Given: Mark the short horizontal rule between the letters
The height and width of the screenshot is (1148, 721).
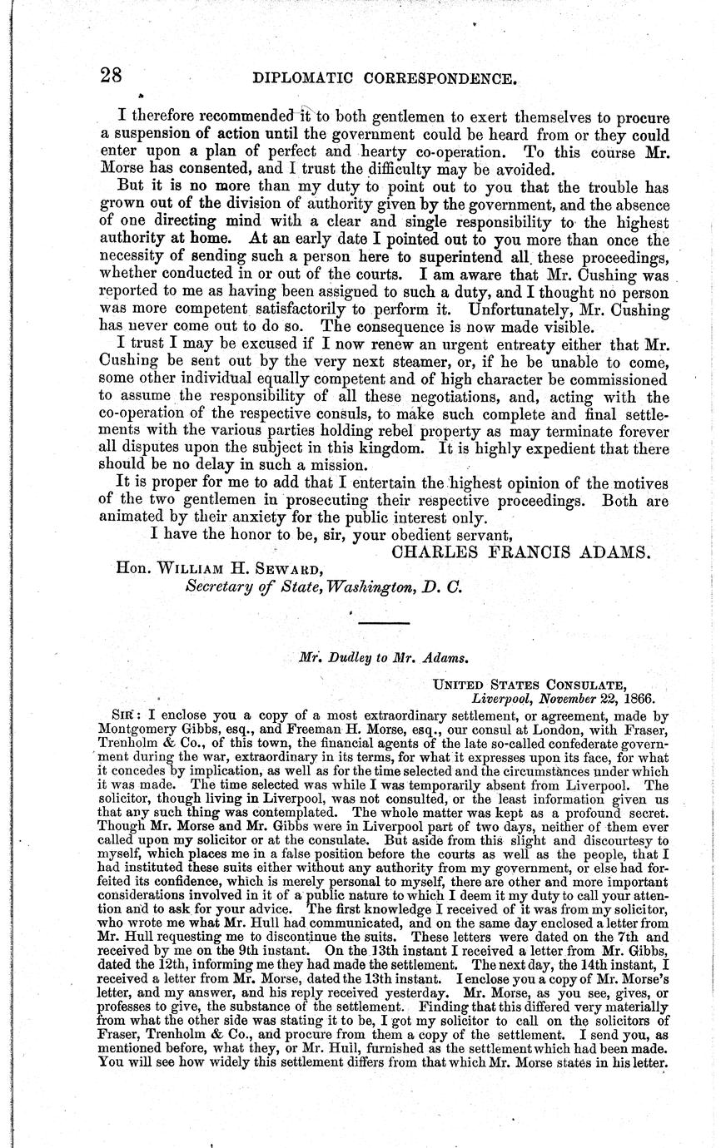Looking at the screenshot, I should point(384,622).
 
